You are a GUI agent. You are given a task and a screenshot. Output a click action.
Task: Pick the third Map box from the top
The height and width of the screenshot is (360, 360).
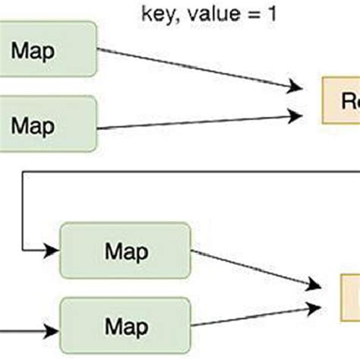click(x=125, y=250)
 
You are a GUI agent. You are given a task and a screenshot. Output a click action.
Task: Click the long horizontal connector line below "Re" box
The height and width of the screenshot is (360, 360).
click(x=190, y=172)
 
